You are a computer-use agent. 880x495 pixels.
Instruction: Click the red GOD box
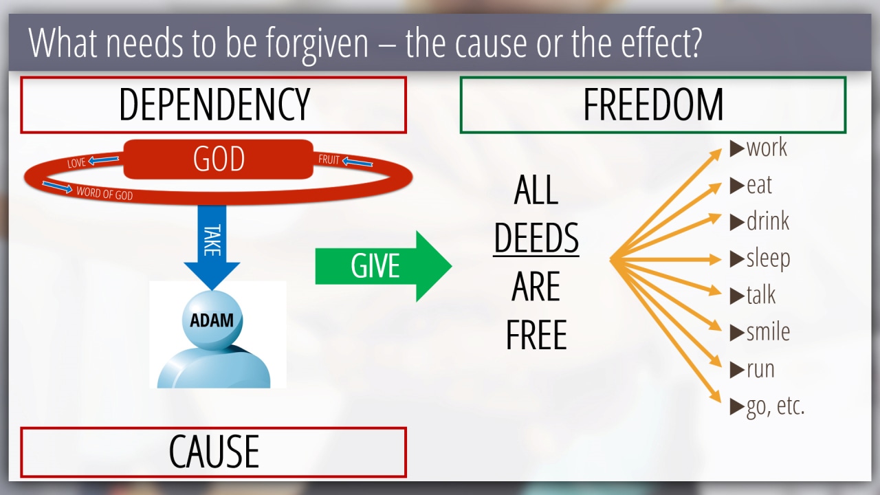(x=219, y=159)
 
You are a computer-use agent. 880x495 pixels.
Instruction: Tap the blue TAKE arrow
(x=212, y=247)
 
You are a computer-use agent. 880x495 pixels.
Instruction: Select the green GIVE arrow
(x=384, y=266)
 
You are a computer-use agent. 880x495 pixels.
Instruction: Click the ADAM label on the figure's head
(x=212, y=320)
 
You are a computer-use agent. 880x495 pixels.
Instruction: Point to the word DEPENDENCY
(x=214, y=104)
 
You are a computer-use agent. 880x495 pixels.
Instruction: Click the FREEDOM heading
(x=653, y=104)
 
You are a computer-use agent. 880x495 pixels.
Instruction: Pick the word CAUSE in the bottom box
(x=214, y=452)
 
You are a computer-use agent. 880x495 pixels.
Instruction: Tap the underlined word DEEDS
(x=536, y=238)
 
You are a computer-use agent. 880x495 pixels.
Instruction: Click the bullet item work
(x=758, y=148)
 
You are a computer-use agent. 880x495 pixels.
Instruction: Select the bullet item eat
(x=751, y=185)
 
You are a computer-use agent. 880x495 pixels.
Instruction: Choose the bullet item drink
(x=760, y=221)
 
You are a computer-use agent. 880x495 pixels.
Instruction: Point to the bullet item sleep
(x=760, y=259)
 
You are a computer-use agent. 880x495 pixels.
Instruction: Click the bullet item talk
(x=753, y=295)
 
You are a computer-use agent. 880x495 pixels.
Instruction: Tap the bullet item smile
(x=760, y=332)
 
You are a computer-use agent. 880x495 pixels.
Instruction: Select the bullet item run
(x=752, y=370)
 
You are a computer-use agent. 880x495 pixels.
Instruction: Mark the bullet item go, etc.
(x=767, y=407)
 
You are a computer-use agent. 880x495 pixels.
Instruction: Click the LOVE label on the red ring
(x=76, y=163)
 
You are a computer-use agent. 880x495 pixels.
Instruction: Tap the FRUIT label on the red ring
(x=329, y=159)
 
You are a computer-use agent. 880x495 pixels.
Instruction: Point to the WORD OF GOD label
(x=104, y=193)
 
